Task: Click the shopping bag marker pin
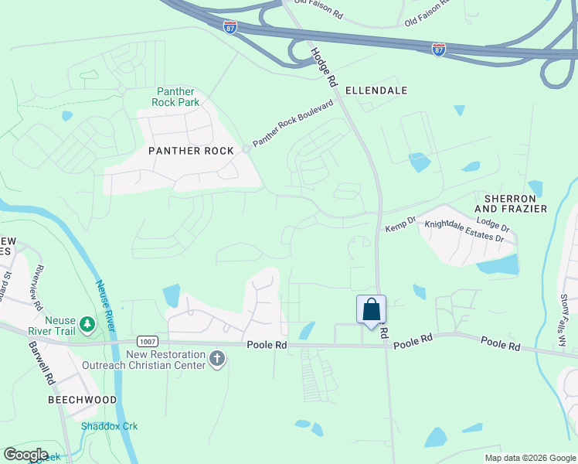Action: (371, 310)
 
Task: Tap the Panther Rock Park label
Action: (178, 97)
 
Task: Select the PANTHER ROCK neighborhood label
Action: (191, 151)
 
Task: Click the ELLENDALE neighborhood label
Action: (376, 90)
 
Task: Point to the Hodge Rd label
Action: (325, 66)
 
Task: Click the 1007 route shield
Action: (148, 341)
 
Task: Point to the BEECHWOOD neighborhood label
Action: (83, 400)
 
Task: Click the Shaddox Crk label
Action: (109, 426)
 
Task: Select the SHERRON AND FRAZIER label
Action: (511, 203)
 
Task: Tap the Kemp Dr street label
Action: (400, 226)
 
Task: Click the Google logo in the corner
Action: (25, 455)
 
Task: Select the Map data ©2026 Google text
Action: (530, 458)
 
